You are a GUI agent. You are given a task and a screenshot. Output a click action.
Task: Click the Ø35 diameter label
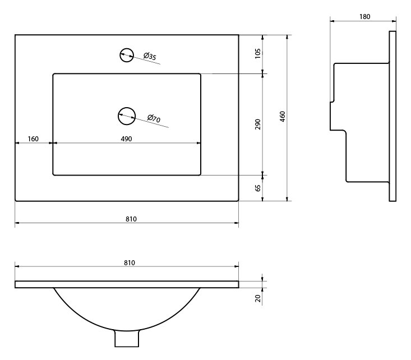[150, 56]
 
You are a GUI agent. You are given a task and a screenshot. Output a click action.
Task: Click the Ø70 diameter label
[154, 118]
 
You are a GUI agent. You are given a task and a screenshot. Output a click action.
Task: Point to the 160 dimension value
[33, 139]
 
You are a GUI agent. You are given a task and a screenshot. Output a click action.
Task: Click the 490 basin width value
[126, 139]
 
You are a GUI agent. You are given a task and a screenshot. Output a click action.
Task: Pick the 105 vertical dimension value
[258, 53]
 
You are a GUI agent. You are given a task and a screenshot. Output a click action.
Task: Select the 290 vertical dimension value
[258, 124]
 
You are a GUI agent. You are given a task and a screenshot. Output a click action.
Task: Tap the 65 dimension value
[258, 188]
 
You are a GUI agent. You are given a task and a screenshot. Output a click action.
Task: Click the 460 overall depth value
[282, 117]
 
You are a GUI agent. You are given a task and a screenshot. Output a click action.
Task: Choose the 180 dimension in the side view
[364, 17]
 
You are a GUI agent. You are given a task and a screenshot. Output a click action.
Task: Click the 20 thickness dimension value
[258, 298]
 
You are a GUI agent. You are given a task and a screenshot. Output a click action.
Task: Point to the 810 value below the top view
[131, 219]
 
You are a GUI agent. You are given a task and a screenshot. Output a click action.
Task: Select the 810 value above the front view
[130, 263]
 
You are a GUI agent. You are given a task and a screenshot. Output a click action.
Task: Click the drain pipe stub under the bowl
[127, 338]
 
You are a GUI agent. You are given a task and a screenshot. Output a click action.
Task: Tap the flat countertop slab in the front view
[127, 284]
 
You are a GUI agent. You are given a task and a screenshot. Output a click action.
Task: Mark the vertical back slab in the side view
[392, 116]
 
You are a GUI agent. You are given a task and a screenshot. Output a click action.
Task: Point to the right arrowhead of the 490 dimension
[198, 143]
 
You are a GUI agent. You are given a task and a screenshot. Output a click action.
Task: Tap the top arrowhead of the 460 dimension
[287, 37]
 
